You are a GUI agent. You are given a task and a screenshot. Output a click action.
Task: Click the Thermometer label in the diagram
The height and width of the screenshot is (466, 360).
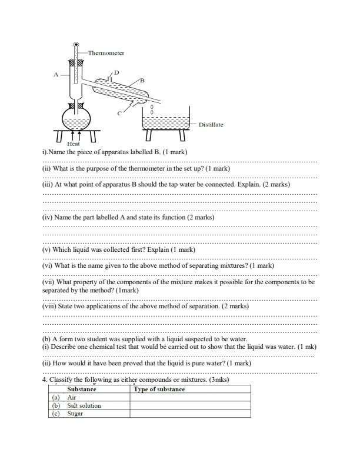pos(106,53)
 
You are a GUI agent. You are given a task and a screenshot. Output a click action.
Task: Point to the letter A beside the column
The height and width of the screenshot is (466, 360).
pos(56,75)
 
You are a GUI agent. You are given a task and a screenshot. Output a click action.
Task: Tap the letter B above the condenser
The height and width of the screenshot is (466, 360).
pos(142,79)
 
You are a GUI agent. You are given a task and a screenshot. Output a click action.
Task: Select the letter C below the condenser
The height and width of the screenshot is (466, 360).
pos(119,112)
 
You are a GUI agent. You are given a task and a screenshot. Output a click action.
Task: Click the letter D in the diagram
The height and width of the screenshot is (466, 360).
pos(116,72)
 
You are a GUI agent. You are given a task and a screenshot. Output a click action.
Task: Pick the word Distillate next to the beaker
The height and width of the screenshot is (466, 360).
pos(211,125)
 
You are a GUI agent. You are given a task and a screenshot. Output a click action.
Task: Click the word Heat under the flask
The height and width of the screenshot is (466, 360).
pos(74,144)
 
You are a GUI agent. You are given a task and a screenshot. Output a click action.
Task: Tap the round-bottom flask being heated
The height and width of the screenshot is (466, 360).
pos(77,122)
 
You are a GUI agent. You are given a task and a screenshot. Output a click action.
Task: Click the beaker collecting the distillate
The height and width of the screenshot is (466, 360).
pos(166,123)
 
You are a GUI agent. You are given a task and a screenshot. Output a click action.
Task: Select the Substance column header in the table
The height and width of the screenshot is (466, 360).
pos(82,390)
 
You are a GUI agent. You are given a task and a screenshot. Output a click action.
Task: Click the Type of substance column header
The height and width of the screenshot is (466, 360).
pos(159,390)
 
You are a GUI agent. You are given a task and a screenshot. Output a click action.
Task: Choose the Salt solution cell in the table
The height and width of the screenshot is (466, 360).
pos(84,405)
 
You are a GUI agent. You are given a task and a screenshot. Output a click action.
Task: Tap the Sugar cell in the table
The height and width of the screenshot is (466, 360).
pos(75,414)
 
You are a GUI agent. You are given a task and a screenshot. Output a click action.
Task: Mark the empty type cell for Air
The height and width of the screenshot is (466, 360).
pos(190,398)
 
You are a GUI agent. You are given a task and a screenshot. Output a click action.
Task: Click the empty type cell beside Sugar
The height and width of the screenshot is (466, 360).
pos(190,414)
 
